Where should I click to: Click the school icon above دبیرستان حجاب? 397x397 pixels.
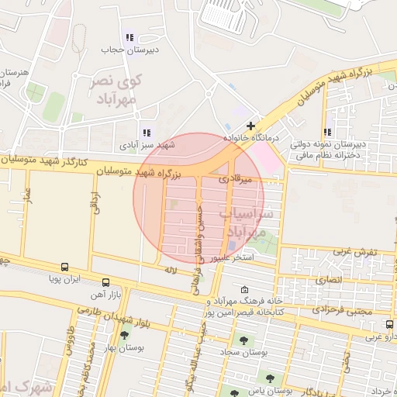pyautogui.click(x=129, y=37)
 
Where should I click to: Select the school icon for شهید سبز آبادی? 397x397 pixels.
pyautogui.click(x=146, y=133)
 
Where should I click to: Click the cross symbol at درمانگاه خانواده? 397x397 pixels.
pyautogui.click(x=250, y=125)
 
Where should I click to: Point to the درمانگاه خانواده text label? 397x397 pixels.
pyautogui.click(x=250, y=137)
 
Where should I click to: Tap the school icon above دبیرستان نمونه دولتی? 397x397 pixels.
pyautogui.click(x=329, y=132)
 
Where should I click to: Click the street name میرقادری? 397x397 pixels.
pyautogui.click(x=235, y=178)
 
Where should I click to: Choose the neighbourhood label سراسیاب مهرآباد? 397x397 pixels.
pyautogui.click(x=249, y=221)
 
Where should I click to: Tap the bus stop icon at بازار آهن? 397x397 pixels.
pyautogui.click(x=105, y=282)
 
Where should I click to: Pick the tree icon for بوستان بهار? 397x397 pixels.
pyautogui.click(x=124, y=335)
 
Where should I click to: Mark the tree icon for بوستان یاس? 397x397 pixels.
pyautogui.click(x=269, y=379)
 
